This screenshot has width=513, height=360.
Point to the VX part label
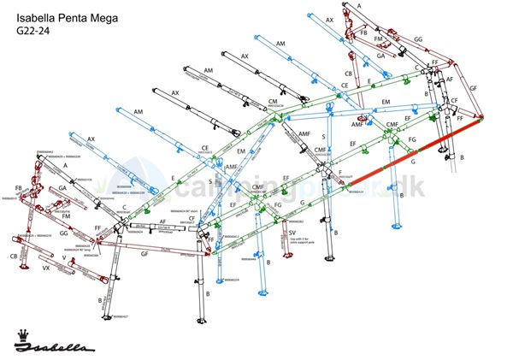coord(48,269)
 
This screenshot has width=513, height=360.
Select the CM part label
coord(274,102)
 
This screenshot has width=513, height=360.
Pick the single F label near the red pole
coord(340,174)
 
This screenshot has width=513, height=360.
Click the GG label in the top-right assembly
coord(418,39)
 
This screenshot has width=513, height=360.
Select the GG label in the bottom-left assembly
coord(64,233)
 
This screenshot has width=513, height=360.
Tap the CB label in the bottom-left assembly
coord(15,256)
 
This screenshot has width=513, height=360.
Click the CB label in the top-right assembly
coord(348,74)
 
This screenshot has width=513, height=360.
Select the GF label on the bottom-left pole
coord(144,254)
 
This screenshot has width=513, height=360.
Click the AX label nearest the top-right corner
coord(329,18)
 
